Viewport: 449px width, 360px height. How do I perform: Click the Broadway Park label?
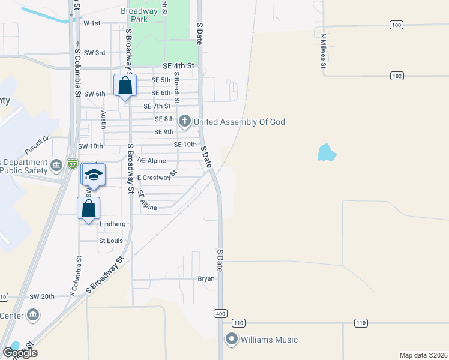click(x=139, y=15)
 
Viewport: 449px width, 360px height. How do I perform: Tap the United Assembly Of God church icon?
click(x=185, y=122)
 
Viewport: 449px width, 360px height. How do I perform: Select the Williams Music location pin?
click(x=232, y=340)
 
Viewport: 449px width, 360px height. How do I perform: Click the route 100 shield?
click(x=396, y=25)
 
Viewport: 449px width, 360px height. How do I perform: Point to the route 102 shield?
click(x=396, y=76)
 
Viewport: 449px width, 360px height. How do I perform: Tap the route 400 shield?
click(x=220, y=314)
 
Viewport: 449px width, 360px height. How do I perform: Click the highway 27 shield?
click(x=73, y=164)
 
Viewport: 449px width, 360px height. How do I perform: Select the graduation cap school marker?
click(x=94, y=175)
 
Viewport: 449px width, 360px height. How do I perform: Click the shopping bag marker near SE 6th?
click(x=125, y=86)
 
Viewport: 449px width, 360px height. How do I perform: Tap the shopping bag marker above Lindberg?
click(x=88, y=208)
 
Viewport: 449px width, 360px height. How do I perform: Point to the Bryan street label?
click(x=206, y=278)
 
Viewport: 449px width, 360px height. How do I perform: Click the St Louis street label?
click(x=110, y=241)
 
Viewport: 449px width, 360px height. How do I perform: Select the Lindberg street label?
click(x=112, y=224)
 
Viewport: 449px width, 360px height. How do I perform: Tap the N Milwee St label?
click(x=322, y=50)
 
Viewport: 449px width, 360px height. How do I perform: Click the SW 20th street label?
click(x=42, y=296)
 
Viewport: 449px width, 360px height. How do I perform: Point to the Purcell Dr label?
click(x=36, y=142)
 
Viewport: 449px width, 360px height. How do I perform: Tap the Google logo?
click(x=20, y=353)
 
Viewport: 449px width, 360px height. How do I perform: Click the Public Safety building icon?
click(x=56, y=166)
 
